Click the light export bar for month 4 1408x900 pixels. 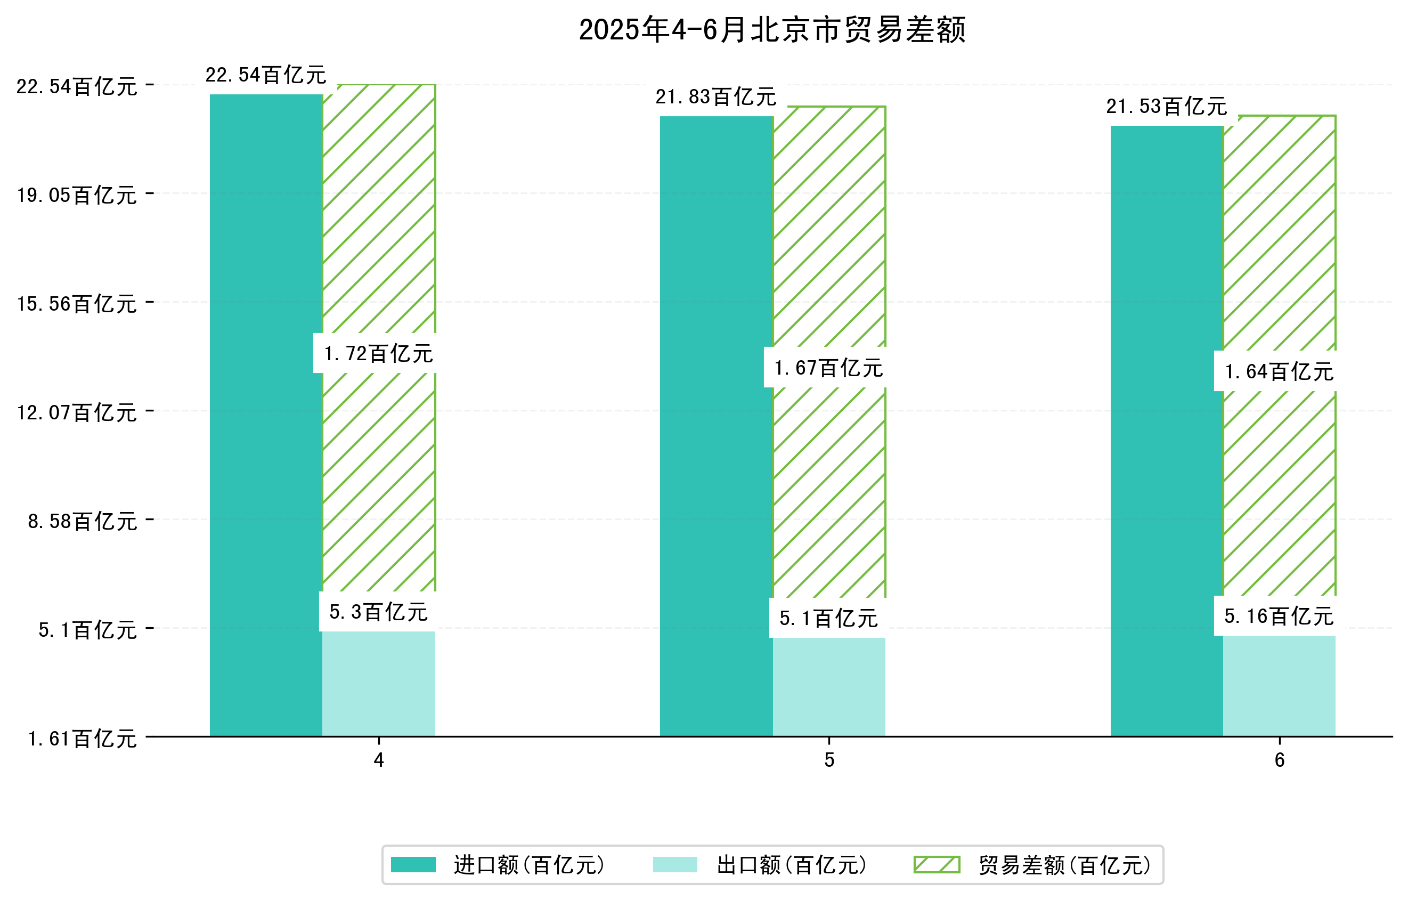378,684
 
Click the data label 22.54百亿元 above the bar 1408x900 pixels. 265,75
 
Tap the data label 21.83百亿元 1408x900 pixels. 715,96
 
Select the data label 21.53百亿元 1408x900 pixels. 1166,107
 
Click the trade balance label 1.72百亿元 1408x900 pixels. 378,353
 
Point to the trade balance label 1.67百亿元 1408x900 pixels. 828,368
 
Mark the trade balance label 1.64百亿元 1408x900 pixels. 1279,371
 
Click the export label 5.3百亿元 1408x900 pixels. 378,612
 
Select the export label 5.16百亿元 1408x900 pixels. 1279,616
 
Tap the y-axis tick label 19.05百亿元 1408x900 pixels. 77,194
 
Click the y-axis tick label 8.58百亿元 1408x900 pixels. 82,521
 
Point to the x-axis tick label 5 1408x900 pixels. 828,760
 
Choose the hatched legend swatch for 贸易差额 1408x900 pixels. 937,864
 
